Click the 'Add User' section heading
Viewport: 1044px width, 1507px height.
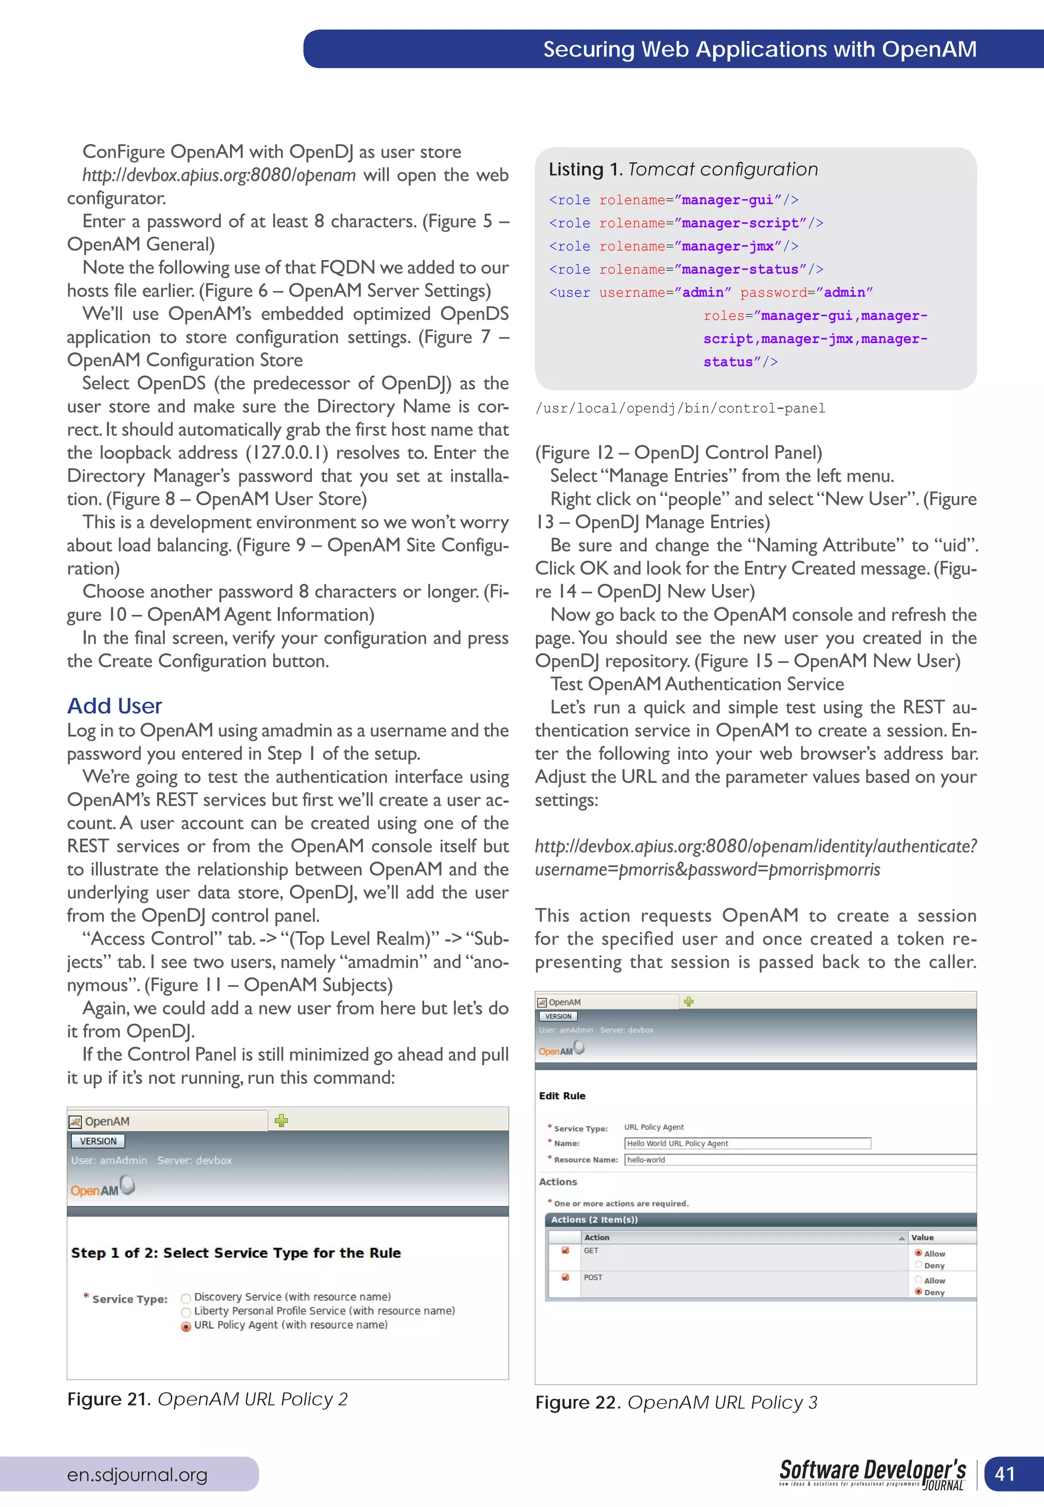(x=115, y=706)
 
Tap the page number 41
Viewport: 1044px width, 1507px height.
(x=1004, y=1474)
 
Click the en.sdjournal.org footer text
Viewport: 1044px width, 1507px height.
(x=137, y=1474)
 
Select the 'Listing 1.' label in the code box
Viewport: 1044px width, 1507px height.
(x=585, y=169)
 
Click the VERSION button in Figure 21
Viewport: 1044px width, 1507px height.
(x=98, y=1141)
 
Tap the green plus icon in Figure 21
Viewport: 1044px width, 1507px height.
(x=281, y=1121)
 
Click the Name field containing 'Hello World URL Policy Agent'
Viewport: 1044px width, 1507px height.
(x=747, y=1144)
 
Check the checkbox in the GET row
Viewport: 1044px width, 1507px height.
(x=565, y=1250)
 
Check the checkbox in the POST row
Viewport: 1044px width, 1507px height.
(x=565, y=1277)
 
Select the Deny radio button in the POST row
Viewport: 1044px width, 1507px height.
(x=919, y=1291)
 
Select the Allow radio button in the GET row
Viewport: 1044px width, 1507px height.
(x=919, y=1253)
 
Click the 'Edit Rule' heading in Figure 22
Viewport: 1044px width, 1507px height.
(x=562, y=1096)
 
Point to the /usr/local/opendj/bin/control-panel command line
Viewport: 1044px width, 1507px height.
(x=681, y=408)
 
